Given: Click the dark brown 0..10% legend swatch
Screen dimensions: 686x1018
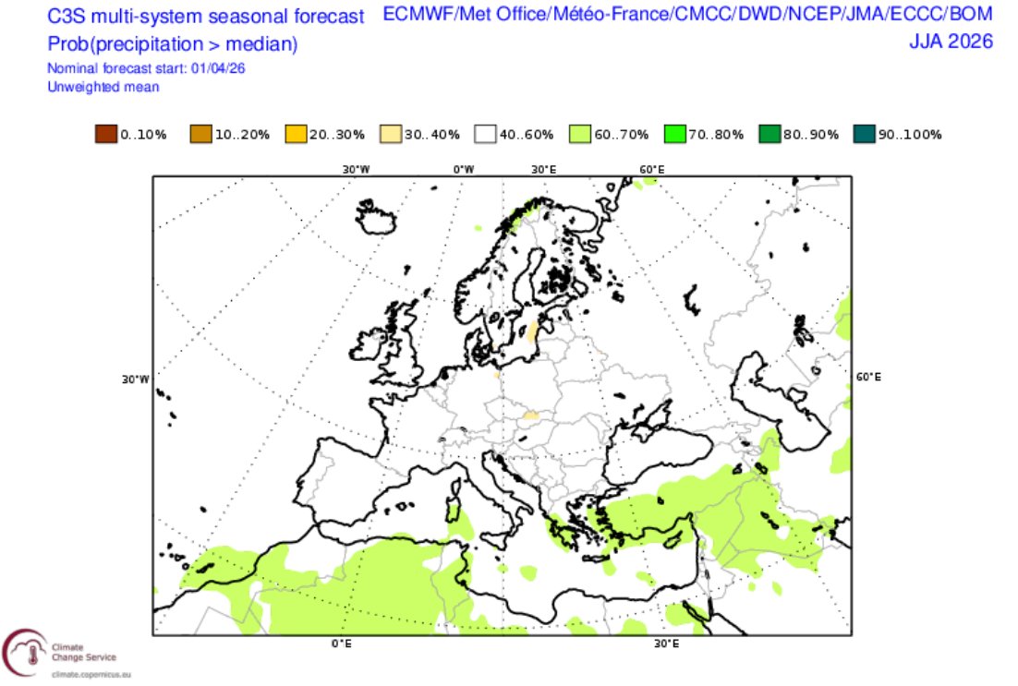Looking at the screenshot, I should click(x=105, y=135).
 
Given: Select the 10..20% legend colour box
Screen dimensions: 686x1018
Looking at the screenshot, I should click(x=200, y=135).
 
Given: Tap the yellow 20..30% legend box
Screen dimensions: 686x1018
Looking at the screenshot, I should click(x=296, y=135).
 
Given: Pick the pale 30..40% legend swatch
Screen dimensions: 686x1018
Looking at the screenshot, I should click(x=391, y=135).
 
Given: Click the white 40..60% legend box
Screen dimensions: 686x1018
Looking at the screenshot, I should click(x=486, y=135).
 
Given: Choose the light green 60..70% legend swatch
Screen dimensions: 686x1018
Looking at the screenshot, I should click(x=581, y=135).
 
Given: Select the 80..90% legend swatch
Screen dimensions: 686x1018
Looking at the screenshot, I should click(x=771, y=135).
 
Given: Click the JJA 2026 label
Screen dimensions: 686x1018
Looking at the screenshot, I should click(x=951, y=42).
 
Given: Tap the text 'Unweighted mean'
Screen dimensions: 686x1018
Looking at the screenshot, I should click(x=103, y=87).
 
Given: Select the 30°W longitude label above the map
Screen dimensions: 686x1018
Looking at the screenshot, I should click(x=357, y=169).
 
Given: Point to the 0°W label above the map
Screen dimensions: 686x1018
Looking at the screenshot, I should click(x=463, y=169).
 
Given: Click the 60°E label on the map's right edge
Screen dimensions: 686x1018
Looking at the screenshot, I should click(x=868, y=378).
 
